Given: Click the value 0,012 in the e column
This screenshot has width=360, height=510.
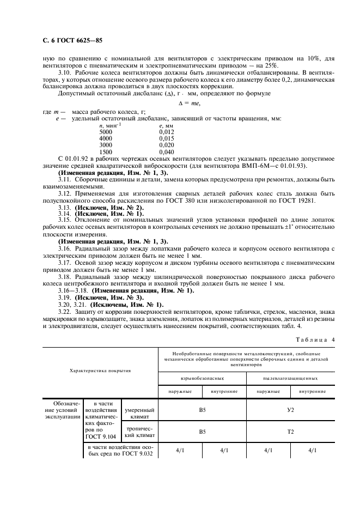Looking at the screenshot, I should pos(166,131).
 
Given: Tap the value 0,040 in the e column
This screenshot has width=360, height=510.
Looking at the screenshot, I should pos(166,151).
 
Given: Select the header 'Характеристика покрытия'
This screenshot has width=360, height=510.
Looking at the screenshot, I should pos(100,370).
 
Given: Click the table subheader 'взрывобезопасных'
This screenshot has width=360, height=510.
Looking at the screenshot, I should pos(202,378).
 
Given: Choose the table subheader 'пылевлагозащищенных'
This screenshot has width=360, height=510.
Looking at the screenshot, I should pos(290,378).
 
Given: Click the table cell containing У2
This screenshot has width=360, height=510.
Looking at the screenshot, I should pos(290,410).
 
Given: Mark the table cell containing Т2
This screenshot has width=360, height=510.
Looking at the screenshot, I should pos(290,431).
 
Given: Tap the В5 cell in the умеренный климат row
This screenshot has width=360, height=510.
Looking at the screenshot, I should pos(202,410).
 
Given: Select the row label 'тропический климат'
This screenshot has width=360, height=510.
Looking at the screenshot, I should pos(139,431).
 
